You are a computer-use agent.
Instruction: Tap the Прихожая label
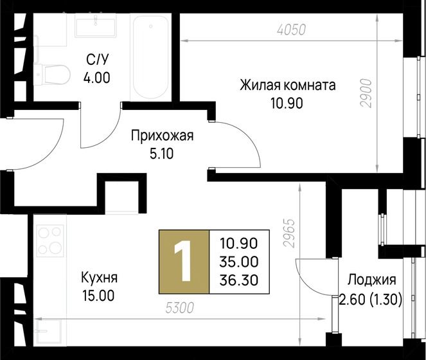coord(162,136)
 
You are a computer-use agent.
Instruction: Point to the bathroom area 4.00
coord(98,79)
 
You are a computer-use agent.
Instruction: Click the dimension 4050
coord(290,29)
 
